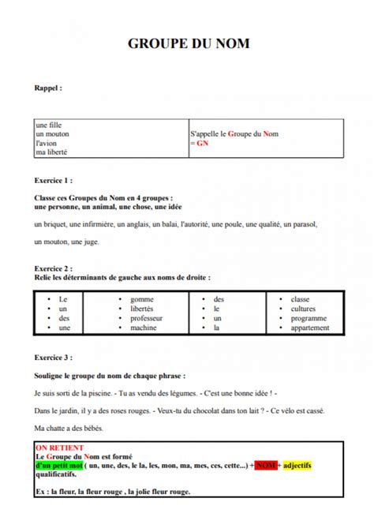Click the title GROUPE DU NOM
[x=188, y=44]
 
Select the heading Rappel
[x=48, y=88]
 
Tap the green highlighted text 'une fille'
[x=48, y=126]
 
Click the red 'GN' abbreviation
[x=203, y=144]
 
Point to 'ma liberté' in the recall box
[x=51, y=152]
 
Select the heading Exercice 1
[x=54, y=180]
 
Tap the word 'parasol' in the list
[x=304, y=224]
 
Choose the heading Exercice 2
[x=54, y=268]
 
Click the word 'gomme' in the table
[x=141, y=299]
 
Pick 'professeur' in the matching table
[x=147, y=318]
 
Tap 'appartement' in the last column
[x=310, y=328]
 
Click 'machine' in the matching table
[x=143, y=328]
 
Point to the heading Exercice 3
[x=54, y=358]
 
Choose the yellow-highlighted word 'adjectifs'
[x=297, y=466]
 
